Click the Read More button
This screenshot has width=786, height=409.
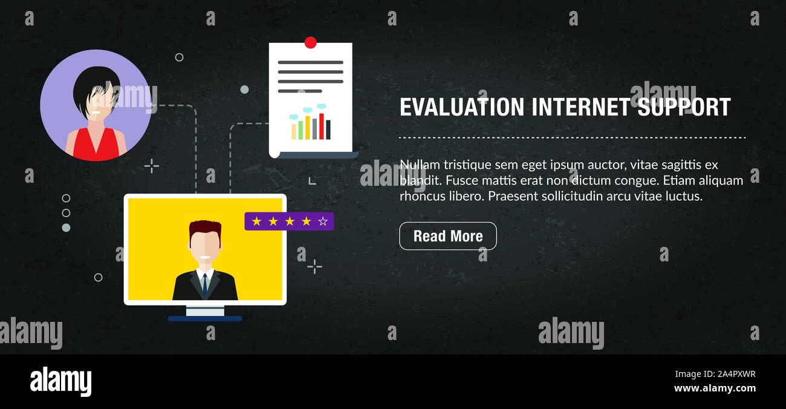447,236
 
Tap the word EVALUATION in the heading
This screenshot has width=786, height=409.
462,108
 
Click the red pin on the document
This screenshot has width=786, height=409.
311,42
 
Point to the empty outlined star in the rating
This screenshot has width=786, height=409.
323,221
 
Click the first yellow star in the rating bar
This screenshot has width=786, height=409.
256,221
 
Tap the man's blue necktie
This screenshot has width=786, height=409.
205,284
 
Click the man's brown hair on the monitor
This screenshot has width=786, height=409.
204,228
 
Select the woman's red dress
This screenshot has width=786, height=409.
96,146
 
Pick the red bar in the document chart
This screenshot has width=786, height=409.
322,126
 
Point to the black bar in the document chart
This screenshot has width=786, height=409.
328,129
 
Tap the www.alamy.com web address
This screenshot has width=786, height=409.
715,388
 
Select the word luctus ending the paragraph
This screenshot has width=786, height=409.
684,196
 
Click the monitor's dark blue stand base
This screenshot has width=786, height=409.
205,318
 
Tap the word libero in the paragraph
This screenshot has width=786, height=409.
467,196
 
